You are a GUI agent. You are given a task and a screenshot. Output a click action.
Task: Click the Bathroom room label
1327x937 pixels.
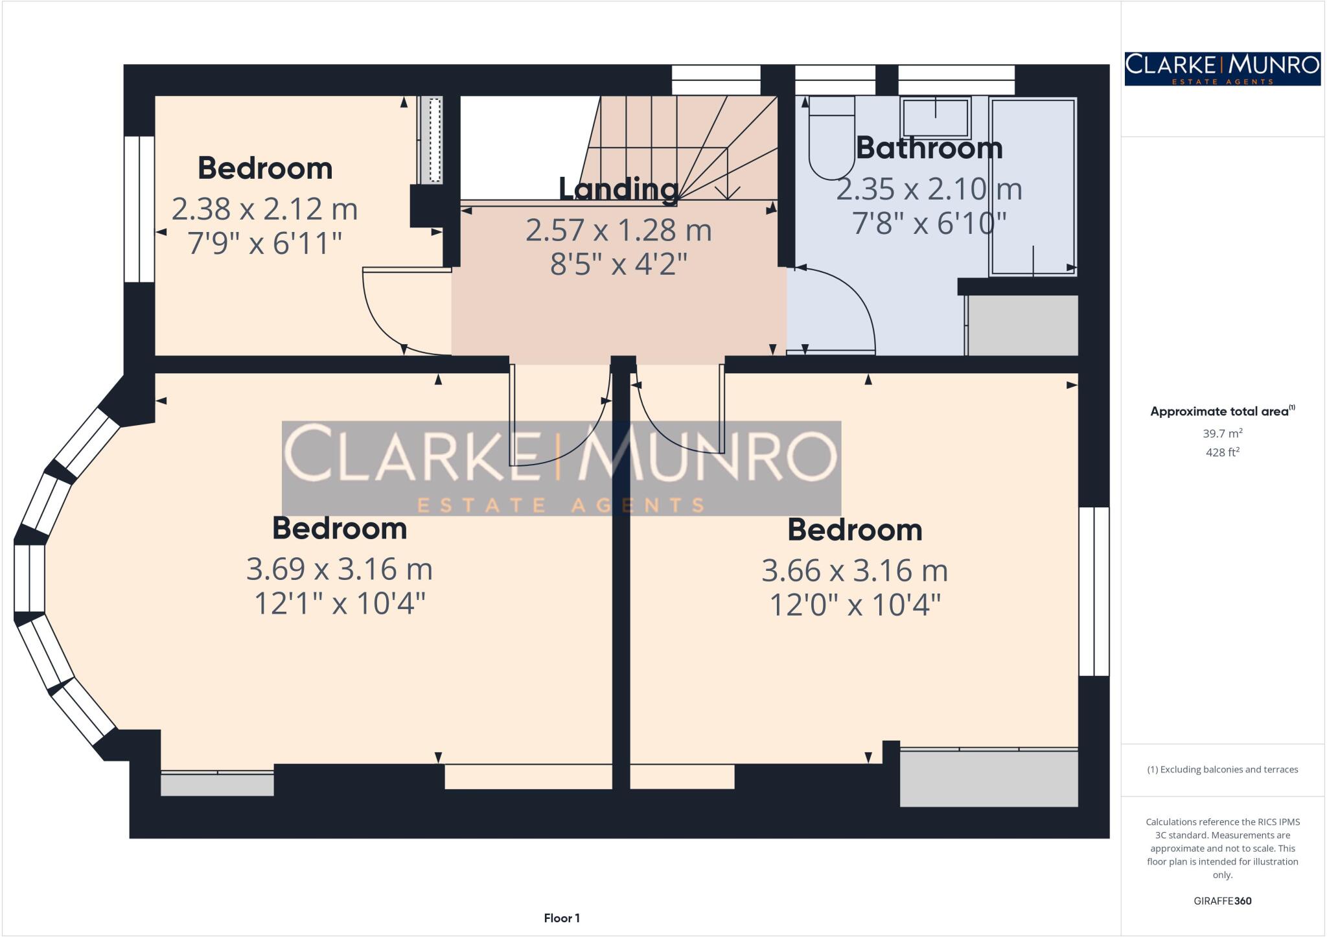(x=929, y=148)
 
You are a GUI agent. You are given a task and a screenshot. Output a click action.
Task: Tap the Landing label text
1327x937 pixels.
(x=619, y=189)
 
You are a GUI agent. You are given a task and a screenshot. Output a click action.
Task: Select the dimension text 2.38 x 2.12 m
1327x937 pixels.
(x=264, y=209)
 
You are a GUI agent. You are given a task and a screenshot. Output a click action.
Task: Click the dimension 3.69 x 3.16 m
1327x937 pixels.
(x=339, y=570)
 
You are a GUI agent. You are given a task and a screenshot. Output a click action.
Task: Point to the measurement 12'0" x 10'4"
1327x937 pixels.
(x=854, y=606)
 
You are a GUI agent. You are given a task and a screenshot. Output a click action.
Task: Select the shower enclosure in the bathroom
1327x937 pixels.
(x=1032, y=188)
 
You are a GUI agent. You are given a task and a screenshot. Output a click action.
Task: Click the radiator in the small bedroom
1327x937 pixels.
(x=430, y=139)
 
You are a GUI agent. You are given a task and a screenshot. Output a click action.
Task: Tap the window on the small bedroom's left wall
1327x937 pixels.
(x=139, y=209)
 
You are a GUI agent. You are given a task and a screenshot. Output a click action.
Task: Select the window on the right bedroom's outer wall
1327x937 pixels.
(x=1094, y=591)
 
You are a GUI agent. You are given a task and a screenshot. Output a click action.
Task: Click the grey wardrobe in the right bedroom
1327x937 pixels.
(x=988, y=778)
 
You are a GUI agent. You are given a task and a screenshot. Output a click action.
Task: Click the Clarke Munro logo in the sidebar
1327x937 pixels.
(x=1222, y=69)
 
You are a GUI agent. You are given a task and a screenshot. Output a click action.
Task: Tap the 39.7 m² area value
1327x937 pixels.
(x=1223, y=434)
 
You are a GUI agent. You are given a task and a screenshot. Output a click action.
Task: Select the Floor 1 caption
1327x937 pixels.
(x=562, y=918)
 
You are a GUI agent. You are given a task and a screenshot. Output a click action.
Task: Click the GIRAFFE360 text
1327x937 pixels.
(x=1222, y=901)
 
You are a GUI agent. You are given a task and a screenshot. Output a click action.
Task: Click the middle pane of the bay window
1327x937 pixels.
(x=29, y=578)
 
